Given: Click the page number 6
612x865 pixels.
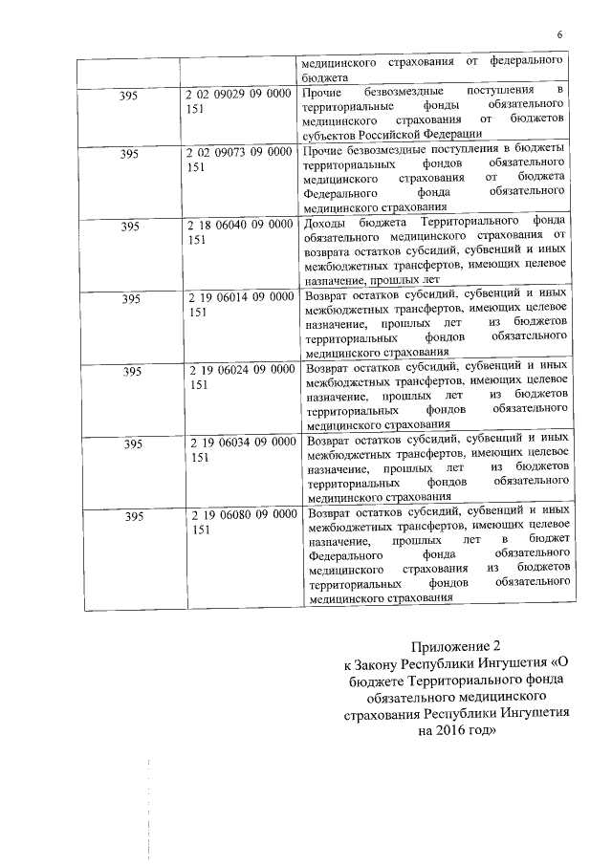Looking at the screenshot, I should point(559,35).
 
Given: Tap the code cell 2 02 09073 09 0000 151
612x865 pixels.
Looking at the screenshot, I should point(239,159).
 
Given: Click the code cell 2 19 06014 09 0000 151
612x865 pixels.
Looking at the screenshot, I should point(239,304).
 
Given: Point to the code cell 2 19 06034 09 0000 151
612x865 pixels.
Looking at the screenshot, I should point(239,449).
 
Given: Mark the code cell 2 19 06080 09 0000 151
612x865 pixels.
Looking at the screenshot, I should point(239,522).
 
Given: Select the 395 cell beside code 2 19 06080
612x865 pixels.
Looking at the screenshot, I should point(134,517).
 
